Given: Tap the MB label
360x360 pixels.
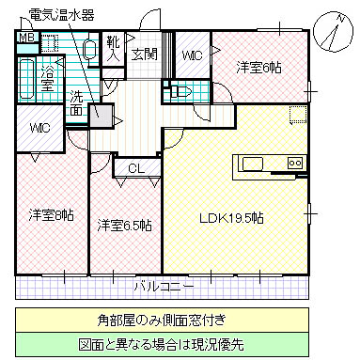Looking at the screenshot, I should pyautogui.click(x=26, y=39).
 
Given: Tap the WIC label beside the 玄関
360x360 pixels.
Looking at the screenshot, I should pyautogui.click(x=193, y=56).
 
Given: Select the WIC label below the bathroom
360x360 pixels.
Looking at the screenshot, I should pyautogui.click(x=39, y=128).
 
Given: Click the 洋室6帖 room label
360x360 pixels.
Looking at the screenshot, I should pyautogui.click(x=259, y=68).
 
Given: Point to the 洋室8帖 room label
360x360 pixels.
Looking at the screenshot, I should pyautogui.click(x=51, y=215).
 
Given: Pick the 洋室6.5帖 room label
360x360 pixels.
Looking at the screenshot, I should pyautogui.click(x=124, y=226).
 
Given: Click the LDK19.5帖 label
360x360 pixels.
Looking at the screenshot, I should pyautogui.click(x=230, y=218).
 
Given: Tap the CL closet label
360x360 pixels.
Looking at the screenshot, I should pyautogui.click(x=135, y=168).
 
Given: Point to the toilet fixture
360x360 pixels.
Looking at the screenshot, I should pyautogui.click(x=179, y=92).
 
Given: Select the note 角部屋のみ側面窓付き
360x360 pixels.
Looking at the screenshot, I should pyautogui.click(x=180, y=320).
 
